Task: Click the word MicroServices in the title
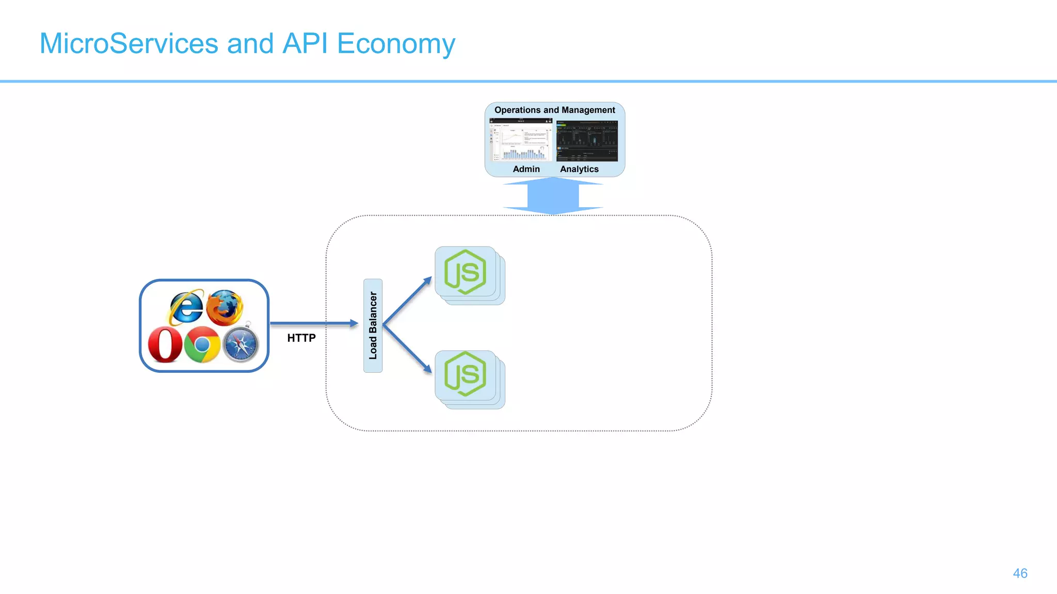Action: click(129, 43)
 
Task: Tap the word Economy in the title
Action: click(396, 43)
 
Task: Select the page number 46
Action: click(1020, 573)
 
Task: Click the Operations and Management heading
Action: click(554, 110)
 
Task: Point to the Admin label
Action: click(526, 169)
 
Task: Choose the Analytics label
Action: click(579, 169)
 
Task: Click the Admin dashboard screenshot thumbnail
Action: click(521, 140)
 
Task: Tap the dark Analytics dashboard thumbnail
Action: click(587, 140)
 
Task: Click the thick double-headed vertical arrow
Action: click(553, 195)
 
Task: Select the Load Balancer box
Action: click(373, 325)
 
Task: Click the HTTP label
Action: click(301, 338)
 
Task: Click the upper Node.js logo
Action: click(465, 272)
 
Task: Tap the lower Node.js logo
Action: click(465, 374)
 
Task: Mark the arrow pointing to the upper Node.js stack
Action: click(408, 300)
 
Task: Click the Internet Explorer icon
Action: click(186, 307)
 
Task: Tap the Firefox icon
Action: click(225, 308)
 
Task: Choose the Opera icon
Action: click(165, 345)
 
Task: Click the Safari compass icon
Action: click(241, 344)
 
